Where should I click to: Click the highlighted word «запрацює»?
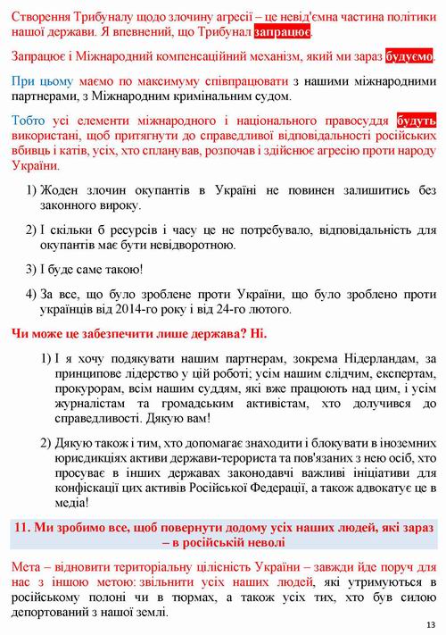tap(282, 32)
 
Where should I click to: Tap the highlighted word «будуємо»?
tap(409, 56)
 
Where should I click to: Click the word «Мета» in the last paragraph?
tap(28, 568)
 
